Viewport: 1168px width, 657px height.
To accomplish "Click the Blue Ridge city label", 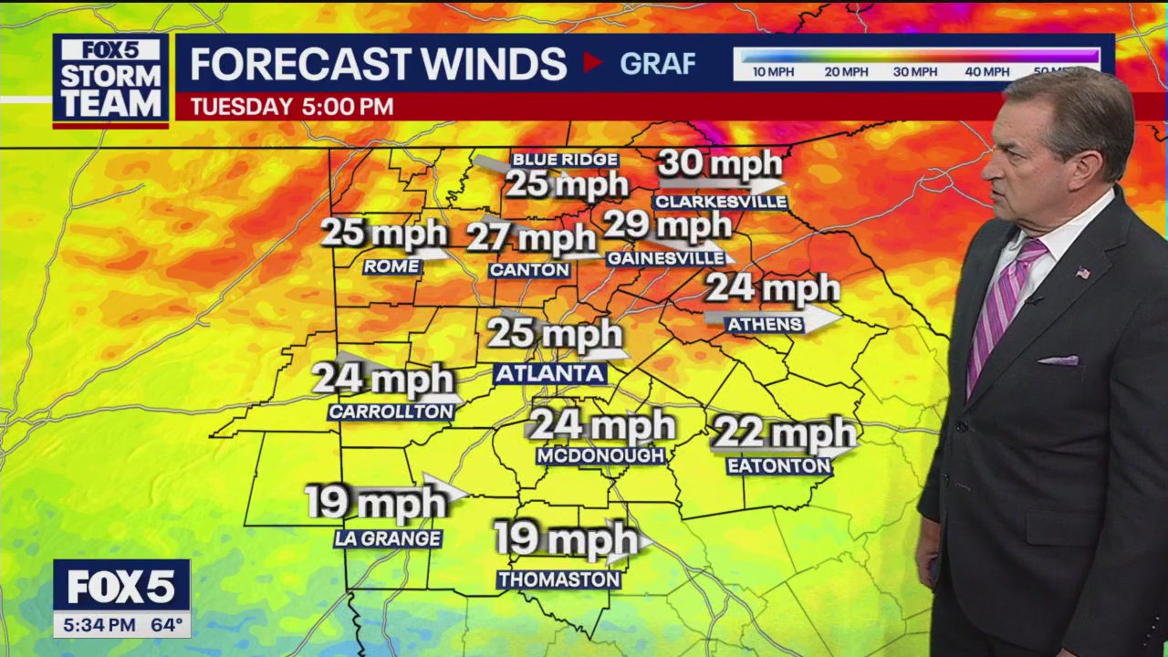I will coord(565,160).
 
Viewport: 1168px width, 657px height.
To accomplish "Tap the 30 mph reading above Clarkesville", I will coord(720,164).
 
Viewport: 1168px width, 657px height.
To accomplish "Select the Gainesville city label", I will coord(667,259).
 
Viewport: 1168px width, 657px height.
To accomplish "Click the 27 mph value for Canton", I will coord(531,239).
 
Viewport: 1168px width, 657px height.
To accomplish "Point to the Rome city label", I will coord(391,266).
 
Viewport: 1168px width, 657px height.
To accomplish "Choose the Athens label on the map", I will coord(765,324).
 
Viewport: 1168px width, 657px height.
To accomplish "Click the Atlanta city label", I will coord(549,373).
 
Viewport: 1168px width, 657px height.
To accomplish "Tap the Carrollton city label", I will coord(391,412).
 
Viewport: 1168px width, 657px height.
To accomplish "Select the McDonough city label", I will coord(600,456).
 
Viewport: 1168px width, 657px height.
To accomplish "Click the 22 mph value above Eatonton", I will coord(784,433).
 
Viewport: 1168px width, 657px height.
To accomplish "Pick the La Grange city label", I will coord(388,539).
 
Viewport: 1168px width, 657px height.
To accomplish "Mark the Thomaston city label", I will coord(559,579).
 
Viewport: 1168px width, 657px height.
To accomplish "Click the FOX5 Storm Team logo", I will coord(110,80).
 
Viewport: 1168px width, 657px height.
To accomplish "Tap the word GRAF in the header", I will coord(657,64).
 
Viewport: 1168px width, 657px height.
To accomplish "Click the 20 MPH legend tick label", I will coord(845,72).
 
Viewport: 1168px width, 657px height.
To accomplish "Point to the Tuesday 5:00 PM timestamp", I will coord(291,107).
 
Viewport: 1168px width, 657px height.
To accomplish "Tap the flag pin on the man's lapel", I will coord(1082,272).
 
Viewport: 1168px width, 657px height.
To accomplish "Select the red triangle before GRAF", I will coord(593,63).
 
